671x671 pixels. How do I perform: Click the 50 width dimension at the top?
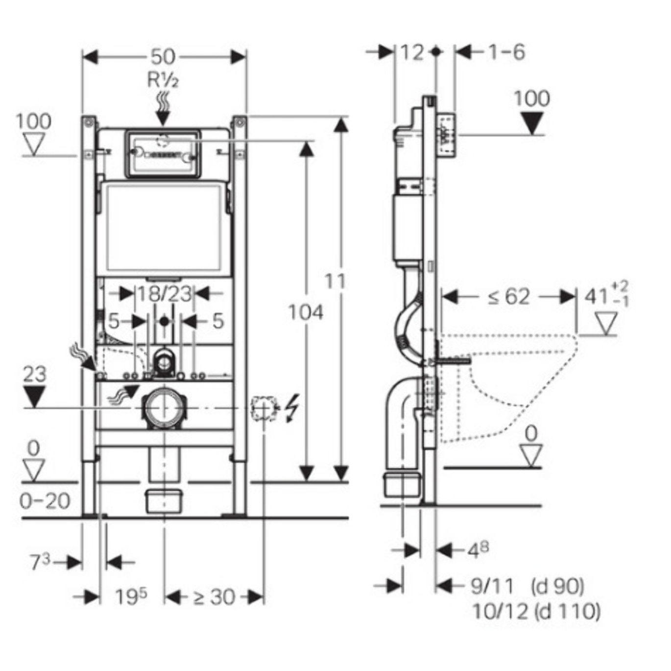coord(163,57)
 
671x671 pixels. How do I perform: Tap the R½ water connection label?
coord(163,79)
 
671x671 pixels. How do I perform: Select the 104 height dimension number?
coord(306,312)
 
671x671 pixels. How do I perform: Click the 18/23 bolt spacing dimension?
coord(164,294)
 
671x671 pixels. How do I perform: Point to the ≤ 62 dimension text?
coord(509,297)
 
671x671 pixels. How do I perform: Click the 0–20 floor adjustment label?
coord(45,501)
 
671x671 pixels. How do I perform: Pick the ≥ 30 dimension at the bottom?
coord(214,597)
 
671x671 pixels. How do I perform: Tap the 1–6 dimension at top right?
coord(506,52)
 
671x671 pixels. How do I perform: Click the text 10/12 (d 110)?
coord(536,611)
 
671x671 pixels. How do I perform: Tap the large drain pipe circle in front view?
coord(165,407)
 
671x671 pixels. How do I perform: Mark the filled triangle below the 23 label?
coord(34,396)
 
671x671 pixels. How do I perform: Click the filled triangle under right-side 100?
coord(532,123)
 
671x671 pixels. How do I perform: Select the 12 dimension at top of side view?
coord(412,52)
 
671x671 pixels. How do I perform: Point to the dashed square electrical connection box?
coord(264,408)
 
